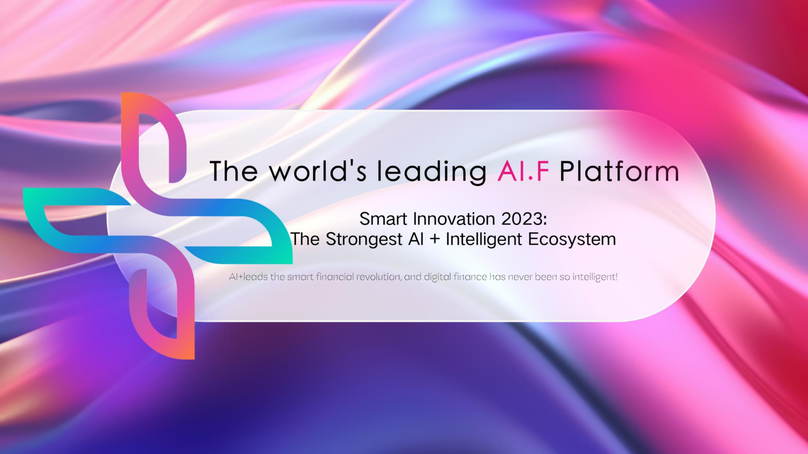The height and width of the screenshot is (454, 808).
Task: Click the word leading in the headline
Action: [x=432, y=172]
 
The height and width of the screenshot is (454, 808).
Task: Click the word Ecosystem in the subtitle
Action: [x=572, y=239]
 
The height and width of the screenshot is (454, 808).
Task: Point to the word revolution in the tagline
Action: [x=378, y=277]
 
